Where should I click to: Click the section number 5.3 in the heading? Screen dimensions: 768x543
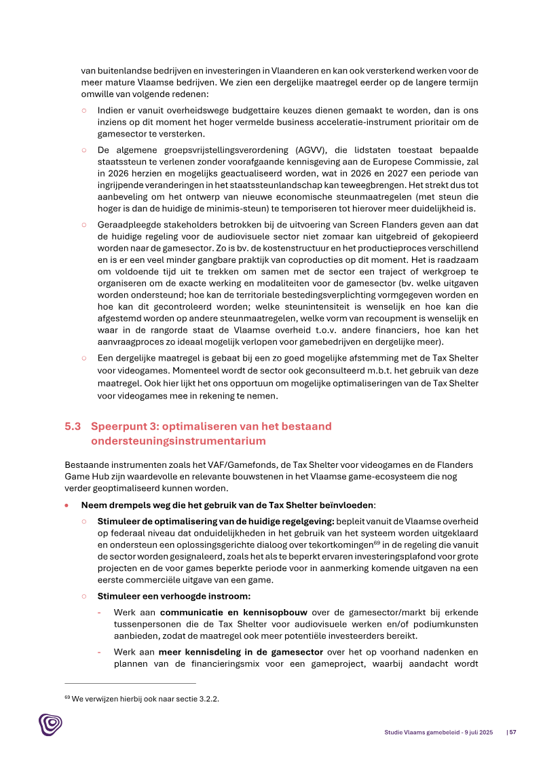[x=73, y=426]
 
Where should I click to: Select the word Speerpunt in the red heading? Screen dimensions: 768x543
[x=116, y=426]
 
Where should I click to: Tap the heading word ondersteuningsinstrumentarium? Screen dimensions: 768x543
[x=178, y=441]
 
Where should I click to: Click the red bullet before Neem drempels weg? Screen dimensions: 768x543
[x=67, y=506]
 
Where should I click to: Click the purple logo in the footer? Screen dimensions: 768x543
[x=50, y=725]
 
